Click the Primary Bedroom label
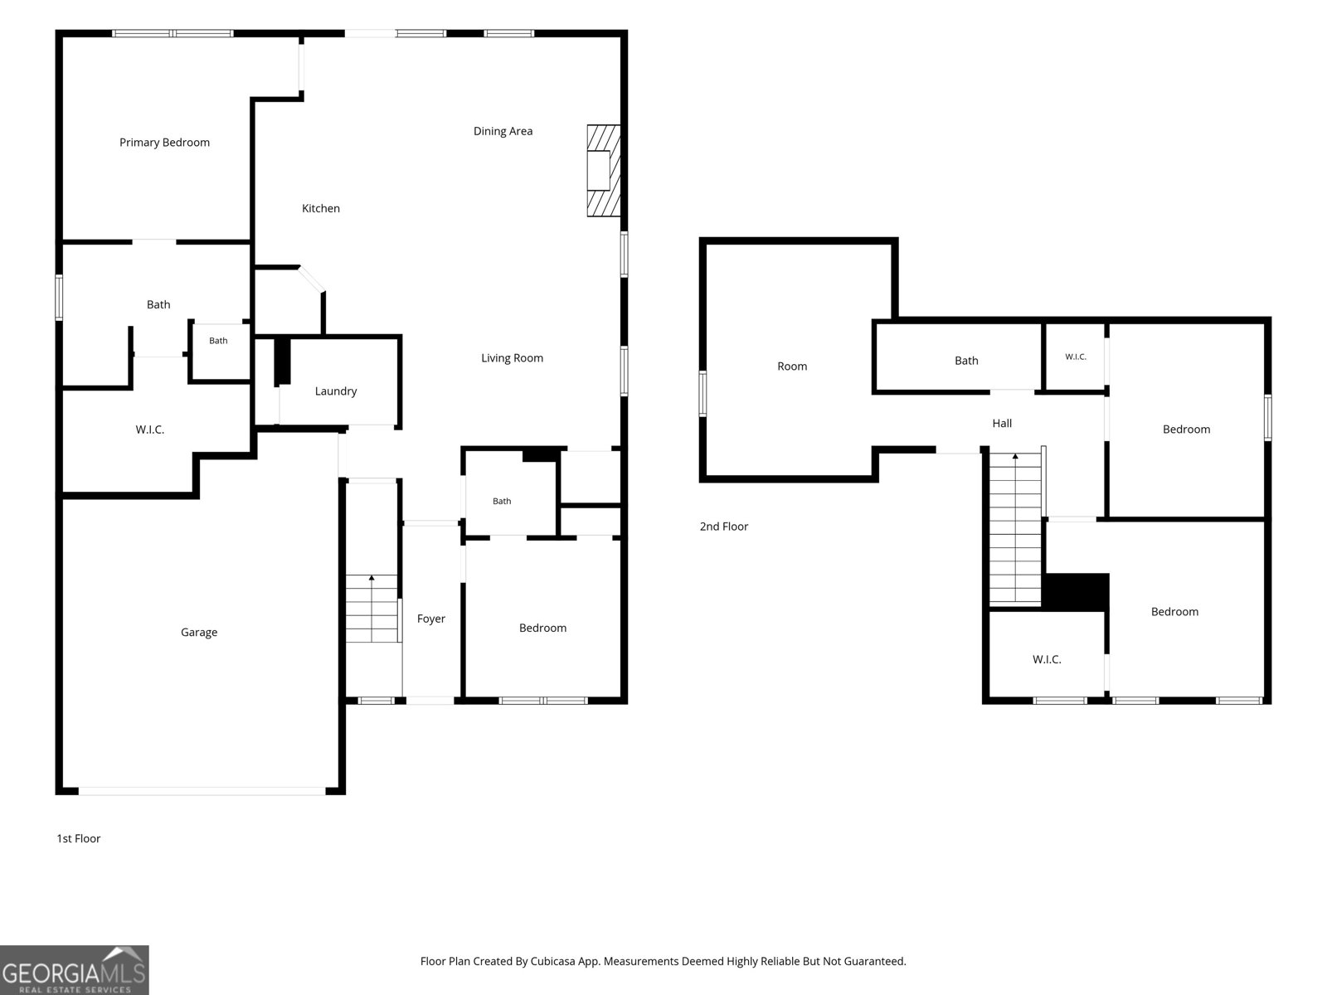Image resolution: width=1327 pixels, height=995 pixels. tap(164, 143)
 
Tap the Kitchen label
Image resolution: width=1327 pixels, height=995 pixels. tap(320, 208)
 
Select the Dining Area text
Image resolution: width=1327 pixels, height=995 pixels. tap(503, 131)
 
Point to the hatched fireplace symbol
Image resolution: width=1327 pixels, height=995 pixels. tap(603, 170)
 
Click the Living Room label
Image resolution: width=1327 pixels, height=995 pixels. tap(512, 358)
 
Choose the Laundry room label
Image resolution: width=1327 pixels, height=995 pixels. tap(336, 391)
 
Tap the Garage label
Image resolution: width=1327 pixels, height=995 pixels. tap(199, 633)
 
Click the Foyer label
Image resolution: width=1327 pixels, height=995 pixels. tap(431, 619)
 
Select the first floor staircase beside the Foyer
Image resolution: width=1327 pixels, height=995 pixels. tap(372, 609)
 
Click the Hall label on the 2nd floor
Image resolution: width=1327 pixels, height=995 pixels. tap(1002, 424)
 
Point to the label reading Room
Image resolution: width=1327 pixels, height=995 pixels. tap(792, 366)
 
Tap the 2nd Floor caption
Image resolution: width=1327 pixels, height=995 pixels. tap(724, 527)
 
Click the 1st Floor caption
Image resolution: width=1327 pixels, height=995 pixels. tap(79, 838)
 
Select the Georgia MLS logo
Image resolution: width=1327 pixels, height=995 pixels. tap(75, 970)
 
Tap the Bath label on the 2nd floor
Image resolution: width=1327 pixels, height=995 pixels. tap(966, 361)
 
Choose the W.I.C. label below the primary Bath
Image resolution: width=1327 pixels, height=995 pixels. tap(150, 430)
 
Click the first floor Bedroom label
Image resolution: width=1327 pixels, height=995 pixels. tap(543, 629)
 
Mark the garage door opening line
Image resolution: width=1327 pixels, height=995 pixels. tap(202, 791)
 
